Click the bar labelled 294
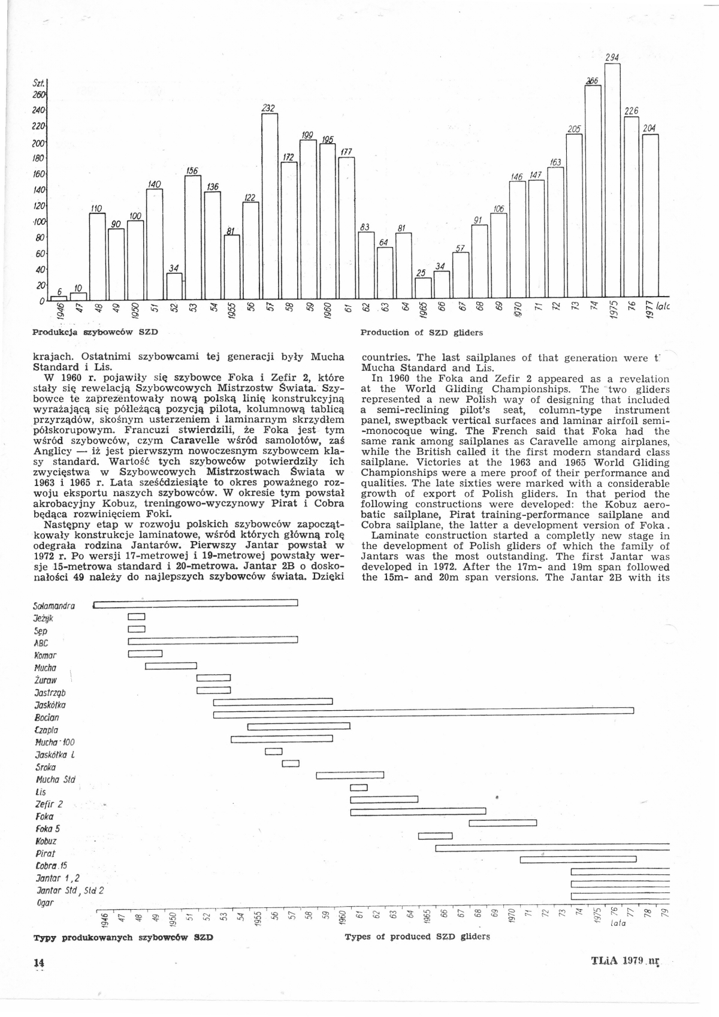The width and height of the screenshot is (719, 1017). (x=612, y=180)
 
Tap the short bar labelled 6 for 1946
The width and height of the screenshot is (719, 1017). (x=59, y=298)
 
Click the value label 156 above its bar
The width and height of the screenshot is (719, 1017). (x=192, y=171)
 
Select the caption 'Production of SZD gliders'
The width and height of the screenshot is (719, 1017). (x=421, y=332)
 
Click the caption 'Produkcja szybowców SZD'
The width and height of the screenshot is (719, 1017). (x=96, y=331)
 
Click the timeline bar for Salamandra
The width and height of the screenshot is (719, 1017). (x=195, y=603)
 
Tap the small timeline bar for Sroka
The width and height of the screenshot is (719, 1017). (x=291, y=763)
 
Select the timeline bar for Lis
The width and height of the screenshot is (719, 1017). (x=358, y=787)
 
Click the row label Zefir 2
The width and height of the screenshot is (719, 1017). (x=49, y=804)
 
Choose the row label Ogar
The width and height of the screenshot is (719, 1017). (x=45, y=903)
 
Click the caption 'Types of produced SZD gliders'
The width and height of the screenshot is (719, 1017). (x=417, y=937)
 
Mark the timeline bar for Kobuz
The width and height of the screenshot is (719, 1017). (x=435, y=836)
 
